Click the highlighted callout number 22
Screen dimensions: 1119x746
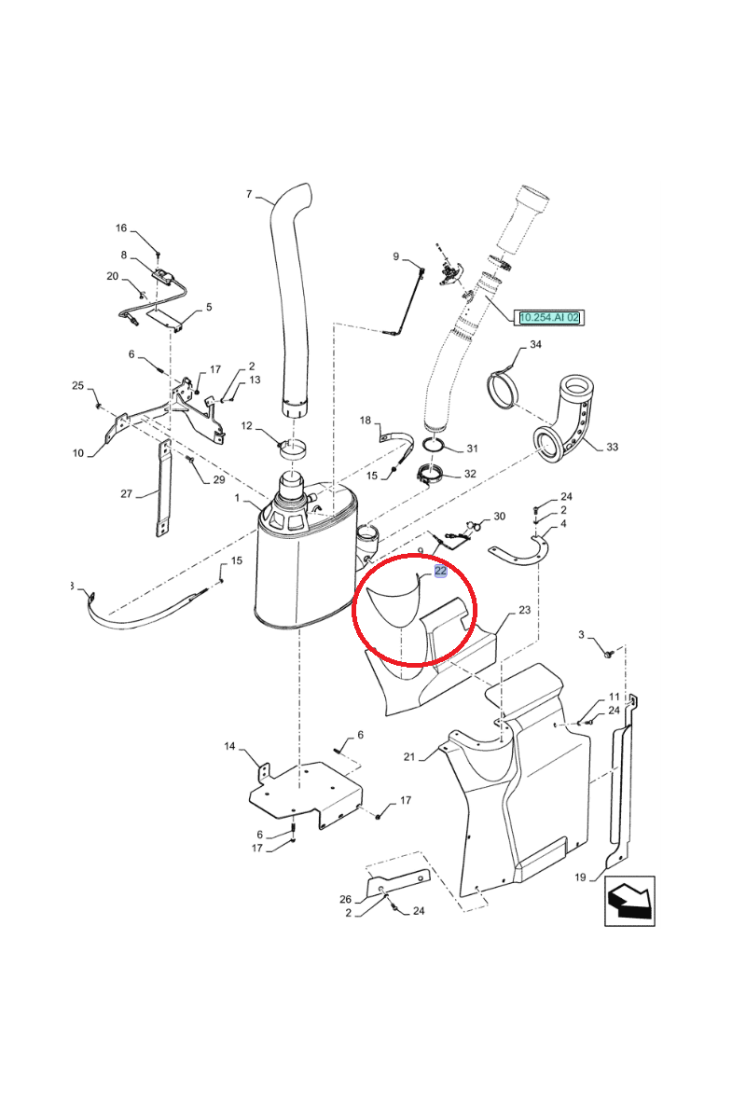tap(441, 571)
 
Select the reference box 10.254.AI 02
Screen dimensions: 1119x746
tap(550, 317)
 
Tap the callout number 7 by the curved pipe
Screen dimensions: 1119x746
tap(249, 194)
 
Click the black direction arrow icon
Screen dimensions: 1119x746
tap(629, 901)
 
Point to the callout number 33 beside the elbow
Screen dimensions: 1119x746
tap(612, 448)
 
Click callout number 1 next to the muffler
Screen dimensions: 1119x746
tap(238, 501)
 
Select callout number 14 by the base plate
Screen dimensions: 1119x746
tap(230, 746)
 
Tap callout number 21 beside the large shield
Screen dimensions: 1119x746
tap(408, 756)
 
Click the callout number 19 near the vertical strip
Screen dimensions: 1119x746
tap(579, 877)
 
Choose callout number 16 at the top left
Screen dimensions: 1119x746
tap(121, 228)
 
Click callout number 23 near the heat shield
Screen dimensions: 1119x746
tap(524, 610)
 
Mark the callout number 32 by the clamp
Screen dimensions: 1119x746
tap(470, 474)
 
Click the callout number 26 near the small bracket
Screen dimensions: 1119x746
tap(345, 899)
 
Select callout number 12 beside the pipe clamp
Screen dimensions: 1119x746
tap(247, 426)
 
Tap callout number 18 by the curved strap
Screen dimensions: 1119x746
tap(366, 421)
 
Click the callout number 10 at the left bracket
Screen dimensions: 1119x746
tap(78, 453)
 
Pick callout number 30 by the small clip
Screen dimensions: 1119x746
tap(499, 516)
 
